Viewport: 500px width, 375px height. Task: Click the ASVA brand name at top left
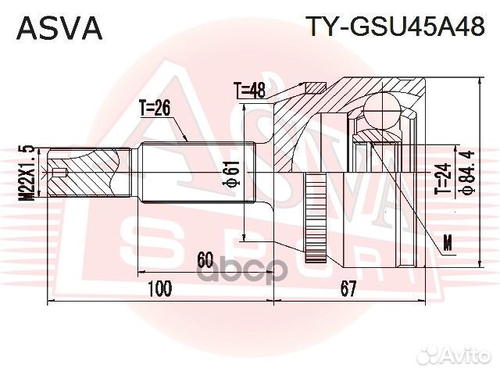[x=59, y=28]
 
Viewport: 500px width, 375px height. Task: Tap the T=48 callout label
[x=249, y=91]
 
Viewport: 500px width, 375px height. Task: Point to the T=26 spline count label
[x=155, y=109]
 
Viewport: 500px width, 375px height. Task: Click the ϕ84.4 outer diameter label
[x=467, y=172]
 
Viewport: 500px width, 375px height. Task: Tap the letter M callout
[x=448, y=243]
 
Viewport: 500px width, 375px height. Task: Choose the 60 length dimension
[x=205, y=260]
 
